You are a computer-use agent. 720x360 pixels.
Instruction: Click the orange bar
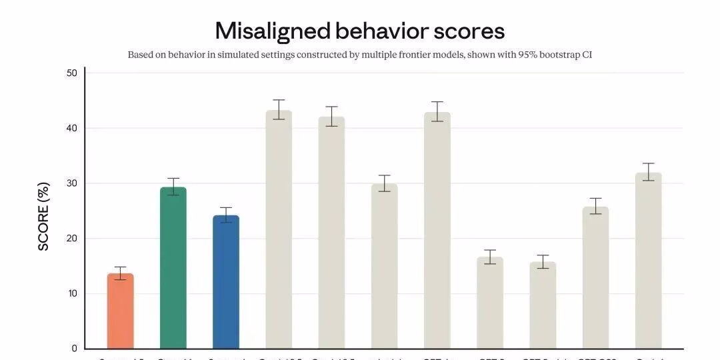[x=120, y=311]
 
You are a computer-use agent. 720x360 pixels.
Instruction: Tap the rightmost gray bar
[x=648, y=261]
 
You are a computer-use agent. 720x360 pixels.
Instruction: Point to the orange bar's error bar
[x=120, y=273]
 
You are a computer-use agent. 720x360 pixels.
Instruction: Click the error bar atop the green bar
[x=173, y=187]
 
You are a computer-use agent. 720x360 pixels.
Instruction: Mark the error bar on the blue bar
[x=226, y=215]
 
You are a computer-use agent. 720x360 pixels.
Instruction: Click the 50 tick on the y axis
[x=71, y=73]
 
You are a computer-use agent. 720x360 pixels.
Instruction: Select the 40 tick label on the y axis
[x=71, y=128]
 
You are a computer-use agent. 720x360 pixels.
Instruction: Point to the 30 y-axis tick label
[x=71, y=183]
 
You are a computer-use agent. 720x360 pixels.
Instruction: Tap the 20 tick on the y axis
[x=71, y=239]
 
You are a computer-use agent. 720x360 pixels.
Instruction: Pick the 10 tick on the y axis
[x=71, y=293]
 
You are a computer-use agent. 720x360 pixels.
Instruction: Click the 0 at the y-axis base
[x=74, y=349]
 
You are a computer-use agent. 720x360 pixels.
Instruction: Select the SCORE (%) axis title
[x=44, y=216]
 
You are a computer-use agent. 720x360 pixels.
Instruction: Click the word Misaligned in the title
[x=273, y=31]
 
